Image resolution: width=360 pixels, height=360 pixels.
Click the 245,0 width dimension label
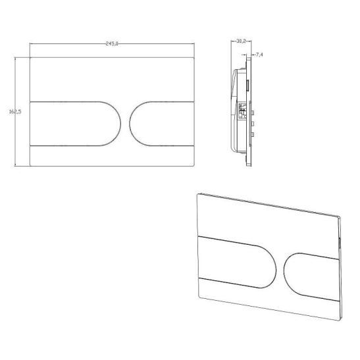coord(112,43)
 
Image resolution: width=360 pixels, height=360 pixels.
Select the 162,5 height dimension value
coord(15,112)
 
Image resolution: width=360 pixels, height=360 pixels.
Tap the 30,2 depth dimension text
coord(241,41)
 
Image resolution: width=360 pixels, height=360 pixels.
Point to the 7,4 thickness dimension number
coord(259,55)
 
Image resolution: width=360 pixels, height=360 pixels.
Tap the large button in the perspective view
coord(236,262)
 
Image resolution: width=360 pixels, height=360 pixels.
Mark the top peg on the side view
coord(253,113)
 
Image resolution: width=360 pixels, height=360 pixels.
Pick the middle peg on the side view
coord(253,124)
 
